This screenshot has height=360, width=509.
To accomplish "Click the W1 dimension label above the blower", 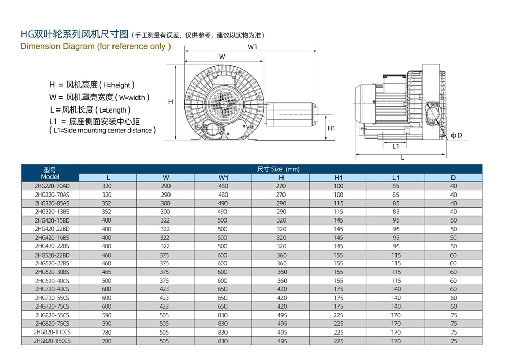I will click(x=252, y=47).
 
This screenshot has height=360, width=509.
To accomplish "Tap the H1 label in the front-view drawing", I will click(x=331, y=128).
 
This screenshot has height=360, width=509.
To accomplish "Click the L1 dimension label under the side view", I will click(x=395, y=146).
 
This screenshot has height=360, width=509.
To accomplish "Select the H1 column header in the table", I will click(x=338, y=177).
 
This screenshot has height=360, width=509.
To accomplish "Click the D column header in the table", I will click(x=453, y=177).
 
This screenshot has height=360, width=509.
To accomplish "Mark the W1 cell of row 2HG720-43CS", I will click(x=222, y=289).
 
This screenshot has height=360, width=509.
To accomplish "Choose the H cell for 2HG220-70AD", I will click(x=281, y=186).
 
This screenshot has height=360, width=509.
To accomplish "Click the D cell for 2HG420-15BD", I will click(x=454, y=220).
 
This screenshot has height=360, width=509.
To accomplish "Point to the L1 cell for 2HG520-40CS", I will click(x=396, y=281).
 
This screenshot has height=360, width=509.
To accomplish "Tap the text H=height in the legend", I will click(x=120, y=85).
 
